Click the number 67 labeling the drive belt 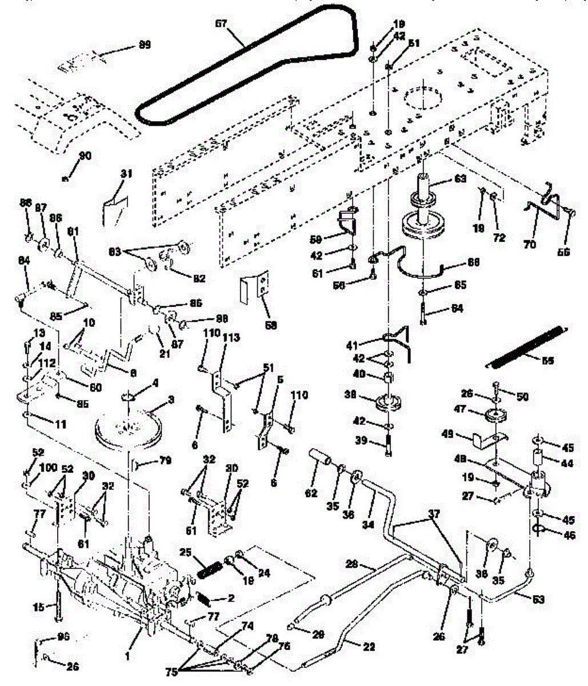pos(221,24)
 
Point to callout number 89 pos(145,45)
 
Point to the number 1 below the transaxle pos(127,657)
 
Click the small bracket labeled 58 pos(255,289)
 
